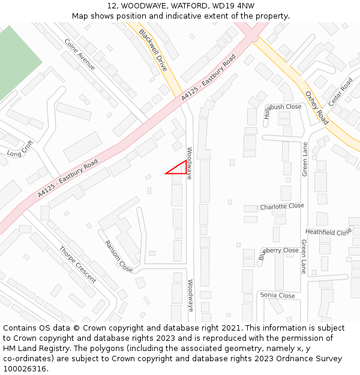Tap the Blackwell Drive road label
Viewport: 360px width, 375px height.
pos(152,50)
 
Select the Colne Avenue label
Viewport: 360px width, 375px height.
pos(79,55)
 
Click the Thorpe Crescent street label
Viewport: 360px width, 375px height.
pos(77,265)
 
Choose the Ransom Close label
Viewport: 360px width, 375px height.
pos(119,256)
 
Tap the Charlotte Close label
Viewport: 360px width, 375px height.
pos(282,206)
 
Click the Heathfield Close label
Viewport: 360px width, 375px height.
pos(328,232)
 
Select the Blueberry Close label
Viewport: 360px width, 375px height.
pos(278,252)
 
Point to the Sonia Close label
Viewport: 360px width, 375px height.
pos(277,295)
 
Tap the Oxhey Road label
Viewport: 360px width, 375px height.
pos(316,107)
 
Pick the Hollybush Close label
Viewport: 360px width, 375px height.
pos(282,108)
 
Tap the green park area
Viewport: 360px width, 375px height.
pos(15,60)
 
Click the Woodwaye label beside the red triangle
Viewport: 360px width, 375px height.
pos(190,164)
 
